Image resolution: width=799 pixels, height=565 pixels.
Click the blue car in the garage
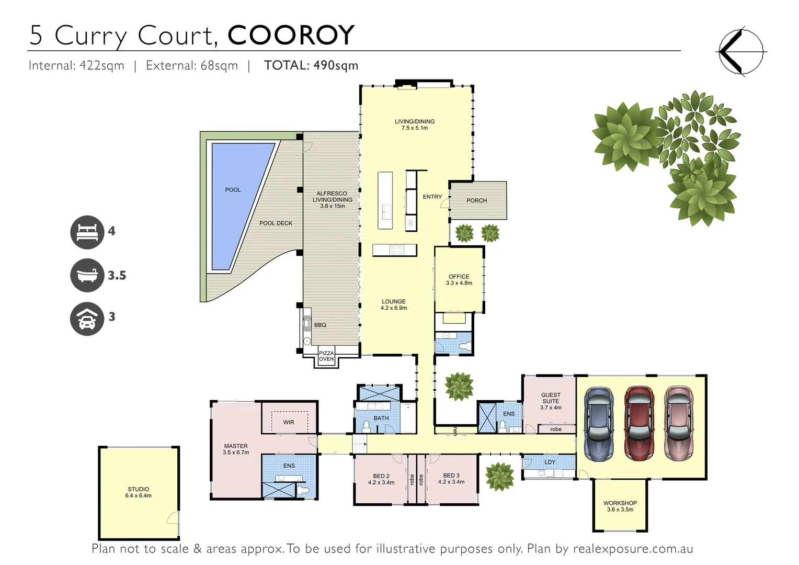pos(599,424)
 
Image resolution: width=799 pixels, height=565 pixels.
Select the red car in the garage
pos(639,424)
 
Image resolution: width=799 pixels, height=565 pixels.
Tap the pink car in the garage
pos(678,424)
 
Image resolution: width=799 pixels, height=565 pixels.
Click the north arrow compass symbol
pos(740,52)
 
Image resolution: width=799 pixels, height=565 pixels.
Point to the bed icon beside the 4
pos(87,232)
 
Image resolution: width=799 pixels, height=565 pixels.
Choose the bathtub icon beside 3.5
pos(87,275)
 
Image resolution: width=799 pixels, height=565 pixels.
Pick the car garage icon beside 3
pos(87,319)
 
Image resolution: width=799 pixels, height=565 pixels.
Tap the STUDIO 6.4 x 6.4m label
pos(138,492)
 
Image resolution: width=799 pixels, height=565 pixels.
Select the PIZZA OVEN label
pos(326,356)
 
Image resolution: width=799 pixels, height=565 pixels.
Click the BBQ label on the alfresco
pos(320,325)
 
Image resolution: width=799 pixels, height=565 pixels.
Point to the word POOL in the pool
pos(233,190)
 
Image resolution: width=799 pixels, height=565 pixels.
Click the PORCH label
pos(476,200)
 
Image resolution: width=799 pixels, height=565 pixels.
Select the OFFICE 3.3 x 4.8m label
pos(459,280)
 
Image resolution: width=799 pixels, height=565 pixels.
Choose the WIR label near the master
pos(289,422)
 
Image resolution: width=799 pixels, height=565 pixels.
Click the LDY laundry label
pos(550,462)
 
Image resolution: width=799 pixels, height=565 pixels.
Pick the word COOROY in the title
pos(291,36)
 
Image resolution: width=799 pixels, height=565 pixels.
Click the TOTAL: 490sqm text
pos(311,65)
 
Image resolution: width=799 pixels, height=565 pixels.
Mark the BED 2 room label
pos(381,479)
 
